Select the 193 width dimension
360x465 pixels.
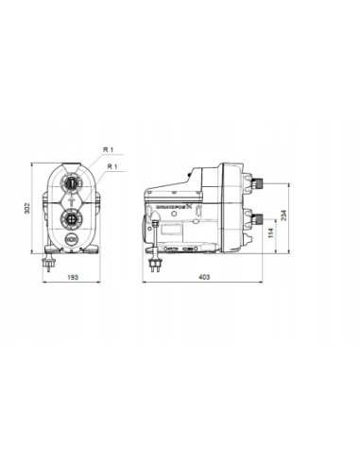pyautogui.click(x=74, y=279)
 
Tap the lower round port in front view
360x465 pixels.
pyautogui.click(x=72, y=218)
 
